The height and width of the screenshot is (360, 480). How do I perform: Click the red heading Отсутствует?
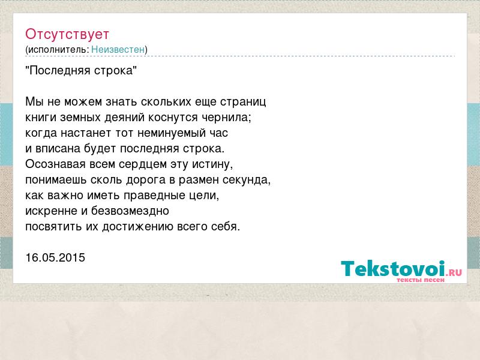point(67,34)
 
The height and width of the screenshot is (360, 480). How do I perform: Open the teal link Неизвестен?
point(118,49)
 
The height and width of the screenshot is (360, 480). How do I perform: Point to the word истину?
point(212,164)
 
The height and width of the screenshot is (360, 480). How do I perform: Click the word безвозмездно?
point(130,211)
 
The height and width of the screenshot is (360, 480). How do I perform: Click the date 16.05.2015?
point(55,257)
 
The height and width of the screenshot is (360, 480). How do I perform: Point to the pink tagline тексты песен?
point(421,280)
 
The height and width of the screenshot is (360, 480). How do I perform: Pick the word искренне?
point(52,211)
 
